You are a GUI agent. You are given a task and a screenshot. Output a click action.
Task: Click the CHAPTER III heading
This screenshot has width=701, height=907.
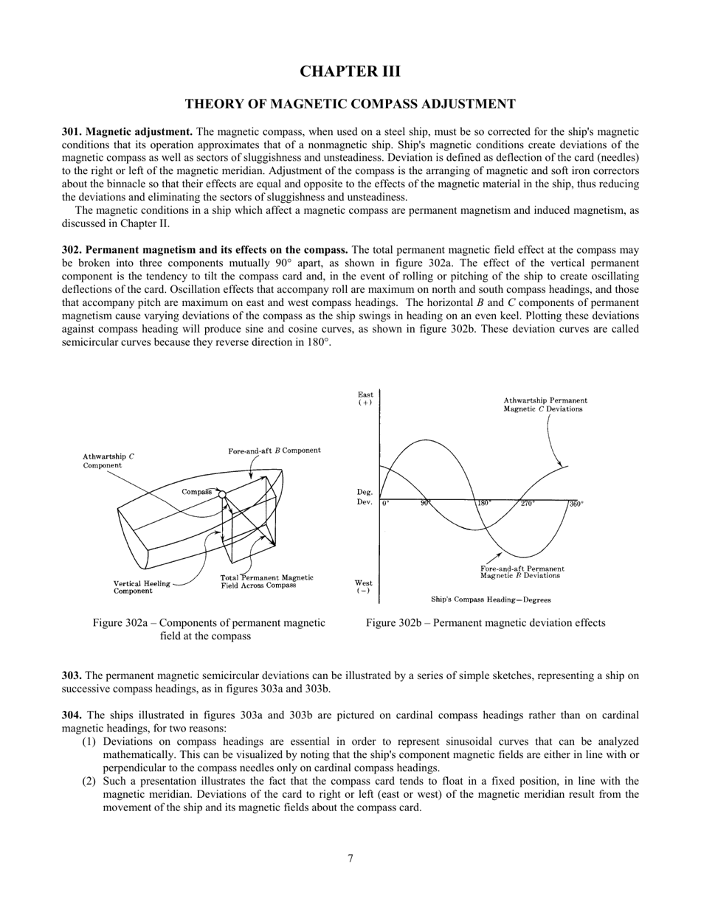tap(350, 72)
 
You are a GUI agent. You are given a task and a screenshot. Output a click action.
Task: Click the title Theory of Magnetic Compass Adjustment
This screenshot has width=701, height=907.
tap(350, 104)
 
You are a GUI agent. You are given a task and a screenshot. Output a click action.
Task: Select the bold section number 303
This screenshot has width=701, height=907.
tap(72, 675)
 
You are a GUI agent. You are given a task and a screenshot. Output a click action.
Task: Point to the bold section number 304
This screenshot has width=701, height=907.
tap(72, 715)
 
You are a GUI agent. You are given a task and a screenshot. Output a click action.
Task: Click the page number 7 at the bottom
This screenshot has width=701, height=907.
tap(350, 858)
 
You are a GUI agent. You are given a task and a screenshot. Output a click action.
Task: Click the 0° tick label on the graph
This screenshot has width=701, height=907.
tap(386, 504)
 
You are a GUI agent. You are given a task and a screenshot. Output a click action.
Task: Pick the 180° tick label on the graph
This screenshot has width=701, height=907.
tap(484, 504)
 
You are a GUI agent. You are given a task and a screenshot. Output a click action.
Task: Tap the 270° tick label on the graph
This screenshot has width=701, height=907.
tap(528, 504)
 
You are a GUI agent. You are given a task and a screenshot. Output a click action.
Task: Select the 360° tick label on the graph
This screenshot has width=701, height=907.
tap(576, 504)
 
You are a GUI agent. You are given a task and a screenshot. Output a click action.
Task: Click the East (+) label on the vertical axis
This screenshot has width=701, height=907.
tap(365, 399)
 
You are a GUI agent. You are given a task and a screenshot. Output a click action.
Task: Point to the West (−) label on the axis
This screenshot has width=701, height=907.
tap(364, 587)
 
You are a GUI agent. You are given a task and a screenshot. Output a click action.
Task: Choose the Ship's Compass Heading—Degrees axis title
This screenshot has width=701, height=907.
tap(491, 600)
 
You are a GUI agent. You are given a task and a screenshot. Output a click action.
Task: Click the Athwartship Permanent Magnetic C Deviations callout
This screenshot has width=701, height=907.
tap(545, 405)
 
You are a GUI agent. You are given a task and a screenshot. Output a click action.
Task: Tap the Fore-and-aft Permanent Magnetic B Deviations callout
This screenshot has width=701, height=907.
tap(522, 572)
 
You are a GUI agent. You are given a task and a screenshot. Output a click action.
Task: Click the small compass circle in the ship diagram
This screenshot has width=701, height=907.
tap(221, 494)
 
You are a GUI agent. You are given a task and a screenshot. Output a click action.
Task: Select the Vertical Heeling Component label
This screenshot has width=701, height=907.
tap(142, 587)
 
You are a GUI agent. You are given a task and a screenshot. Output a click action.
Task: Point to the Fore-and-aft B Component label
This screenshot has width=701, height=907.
tap(274, 451)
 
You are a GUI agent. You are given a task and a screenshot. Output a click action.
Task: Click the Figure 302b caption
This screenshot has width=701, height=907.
tap(486, 623)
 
